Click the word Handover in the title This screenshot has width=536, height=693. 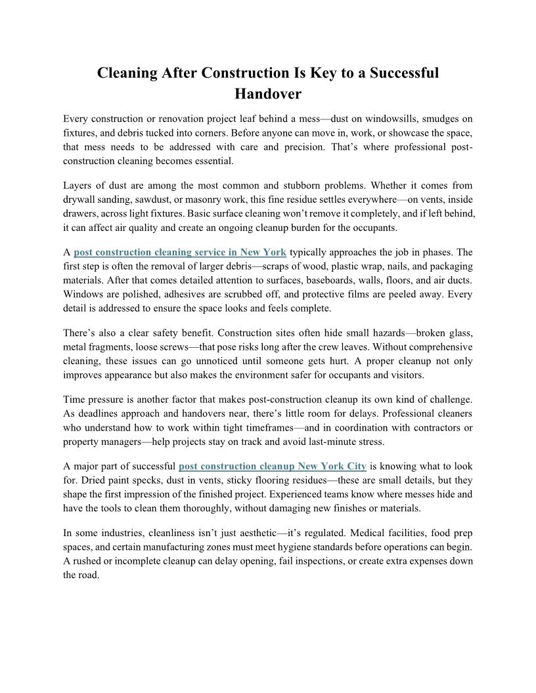pos(268,94)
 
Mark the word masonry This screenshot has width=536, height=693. pos(217,199)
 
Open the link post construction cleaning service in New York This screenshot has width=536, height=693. pos(180,252)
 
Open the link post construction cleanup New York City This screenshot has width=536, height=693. pos(273,467)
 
